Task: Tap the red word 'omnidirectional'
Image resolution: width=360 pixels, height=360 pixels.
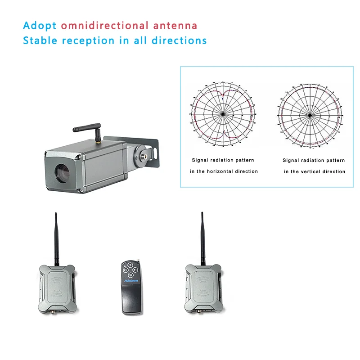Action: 104,25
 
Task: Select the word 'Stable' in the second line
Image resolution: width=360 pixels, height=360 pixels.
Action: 40,40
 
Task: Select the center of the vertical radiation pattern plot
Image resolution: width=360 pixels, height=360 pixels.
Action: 310,115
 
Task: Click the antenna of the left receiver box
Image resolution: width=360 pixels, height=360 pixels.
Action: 56,238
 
